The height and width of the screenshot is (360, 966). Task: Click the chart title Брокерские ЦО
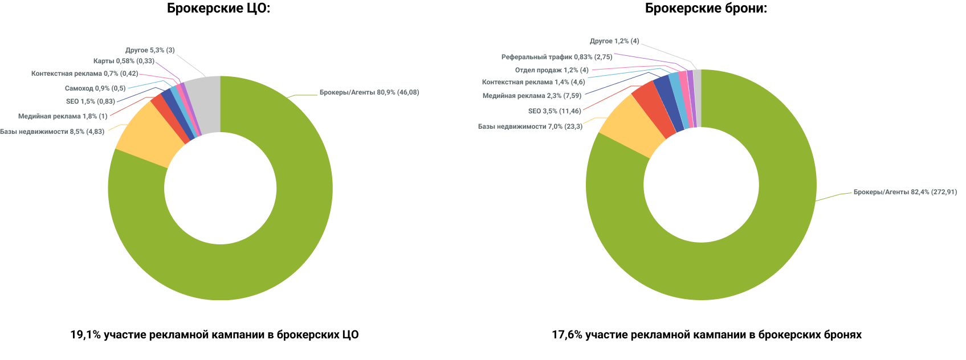click(x=218, y=9)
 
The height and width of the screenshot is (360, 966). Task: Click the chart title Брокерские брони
click(x=706, y=9)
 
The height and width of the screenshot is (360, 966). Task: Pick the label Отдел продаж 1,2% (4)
click(x=551, y=70)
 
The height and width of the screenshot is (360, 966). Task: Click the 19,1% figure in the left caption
click(x=85, y=335)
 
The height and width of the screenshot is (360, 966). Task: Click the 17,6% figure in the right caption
click(x=566, y=335)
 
